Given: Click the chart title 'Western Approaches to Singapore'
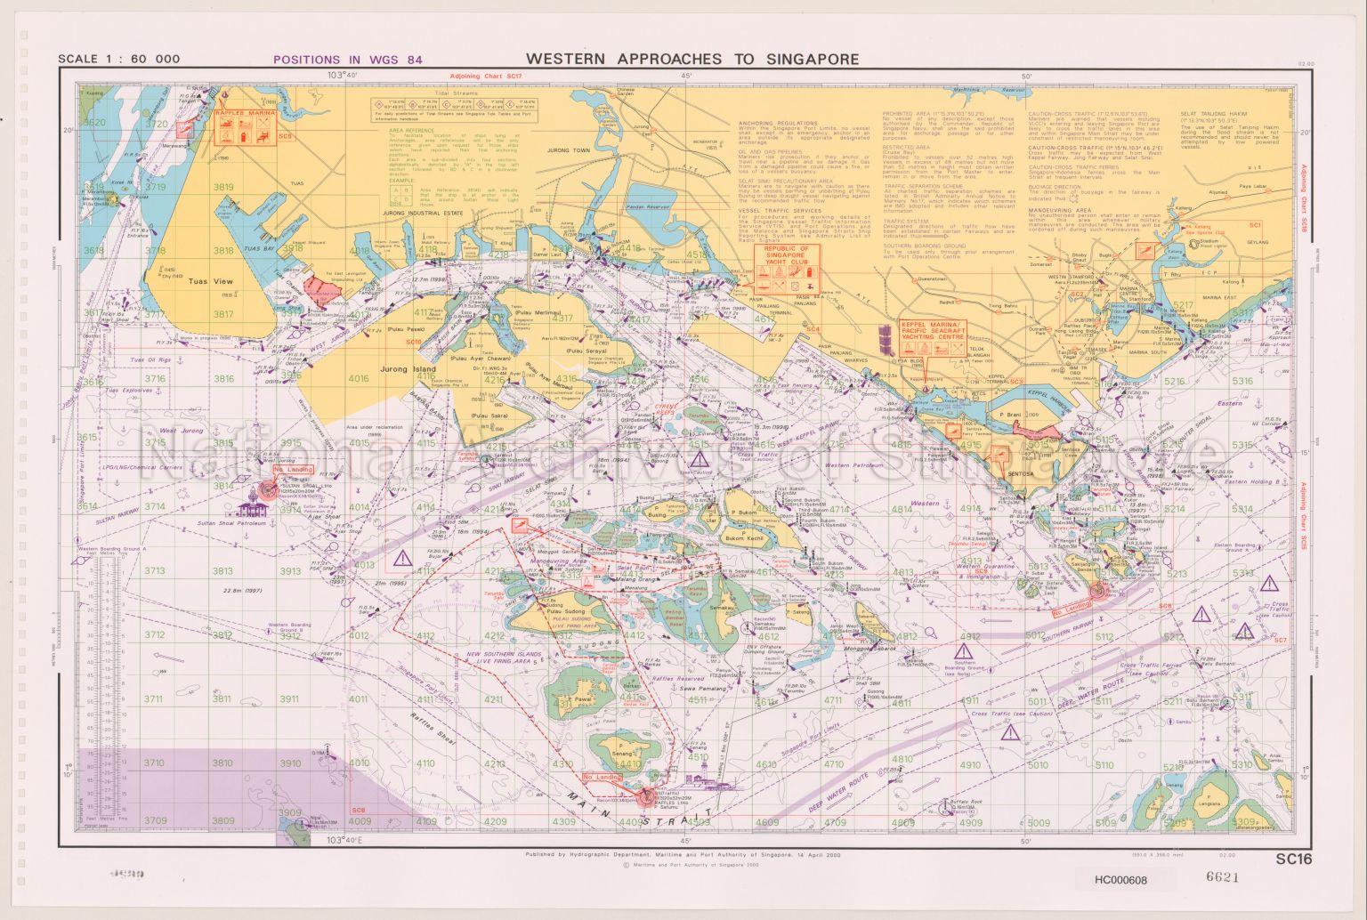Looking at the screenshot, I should point(692,59).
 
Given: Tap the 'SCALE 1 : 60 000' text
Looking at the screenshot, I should point(118,61).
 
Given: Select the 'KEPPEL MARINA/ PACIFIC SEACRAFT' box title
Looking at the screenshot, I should point(932,327).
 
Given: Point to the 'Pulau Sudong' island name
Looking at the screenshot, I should point(563,611).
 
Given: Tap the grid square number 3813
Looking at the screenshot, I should point(222,571).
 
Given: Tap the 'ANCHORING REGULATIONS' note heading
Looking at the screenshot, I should point(777,123).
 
